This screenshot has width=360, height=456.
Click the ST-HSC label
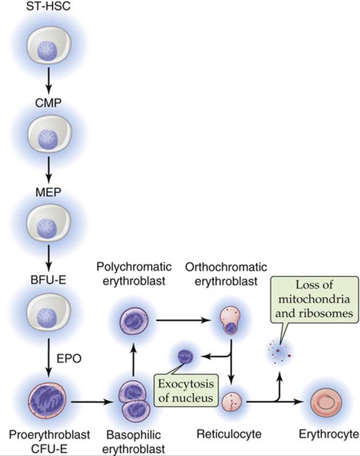coord(48,6)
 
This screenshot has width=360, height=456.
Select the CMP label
coord(48,102)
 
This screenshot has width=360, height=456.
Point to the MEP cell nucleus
coord(47,227)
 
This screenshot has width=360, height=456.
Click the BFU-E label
coord(48,280)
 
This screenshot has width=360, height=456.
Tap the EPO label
coord(69,359)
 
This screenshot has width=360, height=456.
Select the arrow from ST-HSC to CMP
coord(48,81)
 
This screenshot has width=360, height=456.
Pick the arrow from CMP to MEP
coord(48,170)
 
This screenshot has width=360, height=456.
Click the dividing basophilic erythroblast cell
coord(134,401)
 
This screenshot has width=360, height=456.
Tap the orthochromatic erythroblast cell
coord(230,320)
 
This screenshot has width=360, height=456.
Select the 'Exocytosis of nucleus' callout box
coord(186,390)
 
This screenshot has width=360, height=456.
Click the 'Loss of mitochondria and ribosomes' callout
coord(314,299)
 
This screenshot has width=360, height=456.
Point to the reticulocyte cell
coord(232,402)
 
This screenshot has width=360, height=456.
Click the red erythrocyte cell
coord(326,402)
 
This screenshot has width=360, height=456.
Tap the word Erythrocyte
coord(329,434)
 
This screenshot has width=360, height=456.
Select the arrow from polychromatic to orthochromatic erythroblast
coord(183,321)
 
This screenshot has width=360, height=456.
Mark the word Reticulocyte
coord(229,434)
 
